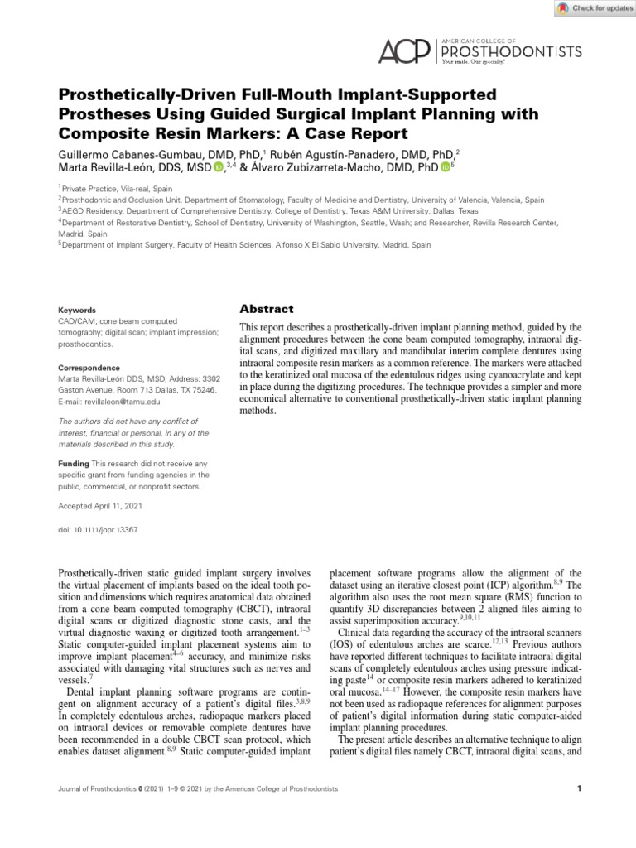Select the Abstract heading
pyautogui.click(x=263, y=308)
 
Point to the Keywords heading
pyautogui.click(x=77, y=310)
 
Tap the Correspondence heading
pyautogui.click(x=89, y=368)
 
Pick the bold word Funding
pyautogui.click(x=73, y=464)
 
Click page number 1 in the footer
pyautogui.click(x=579, y=789)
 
